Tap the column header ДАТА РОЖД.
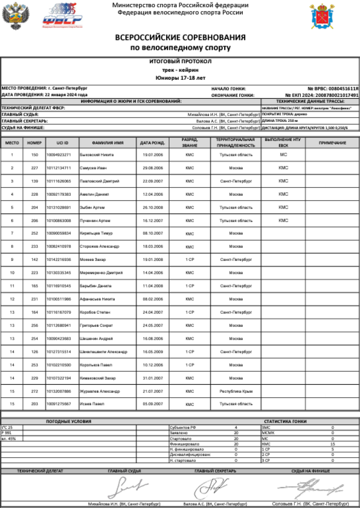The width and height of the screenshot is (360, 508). coord(153,143)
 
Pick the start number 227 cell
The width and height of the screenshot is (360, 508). coord(35,168)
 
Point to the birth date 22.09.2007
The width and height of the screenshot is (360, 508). coord(153,181)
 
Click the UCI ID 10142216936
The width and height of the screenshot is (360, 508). coord(59,260)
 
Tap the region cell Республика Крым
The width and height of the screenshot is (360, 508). coord(236,391)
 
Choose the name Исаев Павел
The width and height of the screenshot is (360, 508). coord(92,404)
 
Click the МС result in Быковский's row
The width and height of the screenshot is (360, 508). coord(283,155)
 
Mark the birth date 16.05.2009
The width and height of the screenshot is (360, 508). coord(153,352)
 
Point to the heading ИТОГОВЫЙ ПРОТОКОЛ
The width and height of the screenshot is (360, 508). coord(180,61)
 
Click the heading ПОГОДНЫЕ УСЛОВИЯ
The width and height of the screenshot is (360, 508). coord(68,422)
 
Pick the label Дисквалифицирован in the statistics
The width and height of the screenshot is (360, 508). coord(191,455)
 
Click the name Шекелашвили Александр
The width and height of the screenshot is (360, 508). coord(104,352)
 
